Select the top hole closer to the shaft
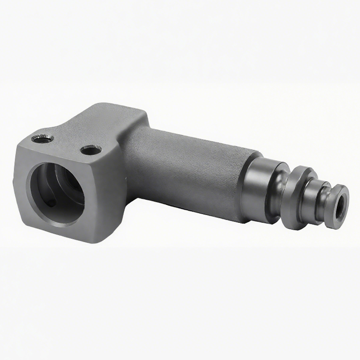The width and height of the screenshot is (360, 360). [x=91, y=149]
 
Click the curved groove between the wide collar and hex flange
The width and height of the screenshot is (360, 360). [x=282, y=193]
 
